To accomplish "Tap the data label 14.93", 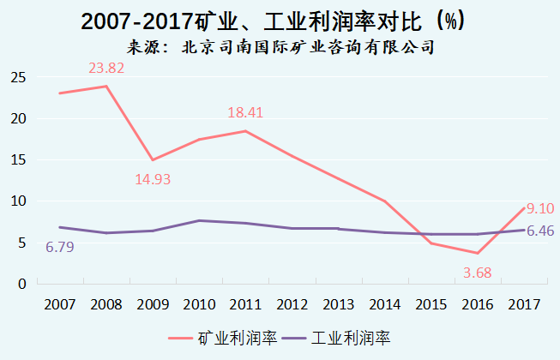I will (x=154, y=180).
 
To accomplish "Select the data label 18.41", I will (x=247, y=112).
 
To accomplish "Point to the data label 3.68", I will (x=477, y=273).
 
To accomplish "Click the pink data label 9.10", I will (x=539, y=207).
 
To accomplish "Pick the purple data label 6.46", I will (x=540, y=231).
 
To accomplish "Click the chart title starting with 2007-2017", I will (x=280, y=21).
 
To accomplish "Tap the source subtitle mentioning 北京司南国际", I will (x=280, y=47).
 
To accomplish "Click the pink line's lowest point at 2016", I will (x=478, y=253).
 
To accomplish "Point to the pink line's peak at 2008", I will (x=105, y=86).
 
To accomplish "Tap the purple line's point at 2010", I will (x=199, y=221).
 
